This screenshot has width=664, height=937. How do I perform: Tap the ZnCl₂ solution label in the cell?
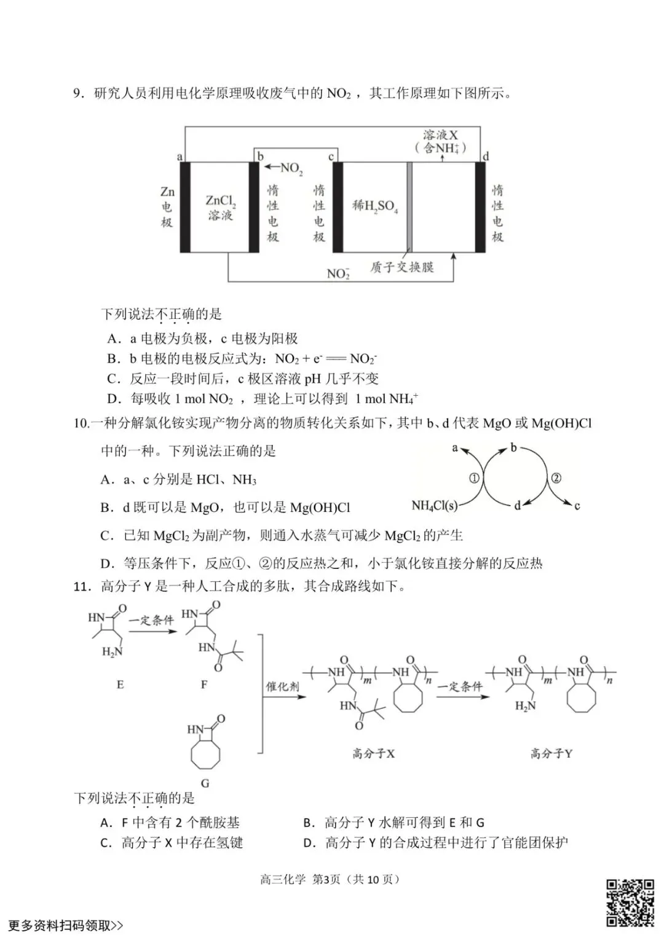[220, 207]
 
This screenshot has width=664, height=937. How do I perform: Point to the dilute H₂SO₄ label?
[374, 206]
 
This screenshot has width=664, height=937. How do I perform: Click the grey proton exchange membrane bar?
[409, 207]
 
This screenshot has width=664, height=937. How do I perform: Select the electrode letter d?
[486, 156]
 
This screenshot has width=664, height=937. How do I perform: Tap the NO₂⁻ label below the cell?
[338, 273]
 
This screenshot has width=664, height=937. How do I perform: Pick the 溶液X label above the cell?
[440, 135]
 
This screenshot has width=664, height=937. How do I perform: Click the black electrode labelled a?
[184, 207]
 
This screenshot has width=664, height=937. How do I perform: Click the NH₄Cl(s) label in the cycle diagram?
[434, 506]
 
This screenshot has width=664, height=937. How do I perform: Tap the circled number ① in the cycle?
[474, 477]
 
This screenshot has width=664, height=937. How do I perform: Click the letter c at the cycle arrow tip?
[577, 506]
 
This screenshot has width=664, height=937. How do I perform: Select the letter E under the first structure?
[120, 684]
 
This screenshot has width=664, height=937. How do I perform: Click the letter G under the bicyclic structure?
[205, 783]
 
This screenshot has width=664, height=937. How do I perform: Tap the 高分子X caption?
[373, 753]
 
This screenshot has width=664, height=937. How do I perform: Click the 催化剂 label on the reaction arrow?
[282, 686]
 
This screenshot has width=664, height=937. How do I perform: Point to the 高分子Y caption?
[551, 753]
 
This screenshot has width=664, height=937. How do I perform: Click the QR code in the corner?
[630, 903]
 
